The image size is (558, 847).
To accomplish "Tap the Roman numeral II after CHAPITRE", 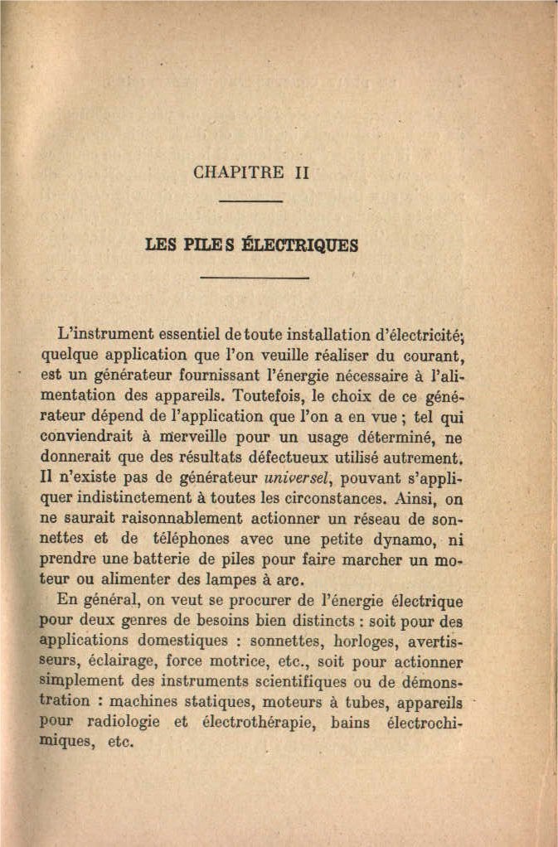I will point(301,173).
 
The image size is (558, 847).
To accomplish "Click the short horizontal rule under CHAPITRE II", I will point(251,201).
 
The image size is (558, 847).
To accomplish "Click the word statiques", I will point(218,702).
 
